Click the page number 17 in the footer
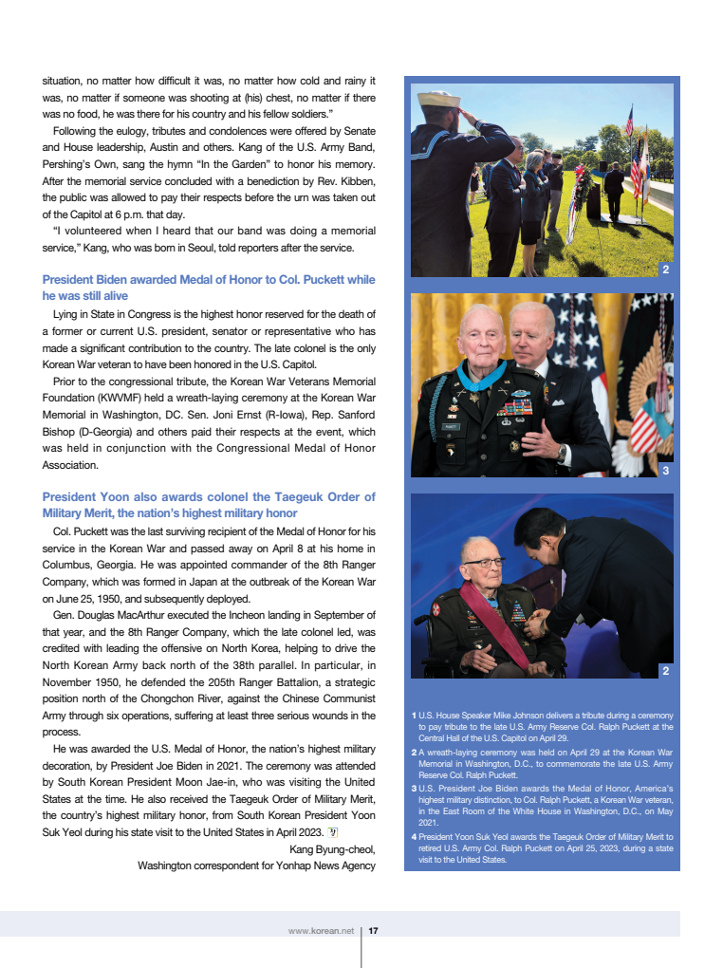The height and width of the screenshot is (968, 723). [374, 931]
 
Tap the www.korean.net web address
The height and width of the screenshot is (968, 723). [321, 931]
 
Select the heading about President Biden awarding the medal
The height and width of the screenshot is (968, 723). [209, 288]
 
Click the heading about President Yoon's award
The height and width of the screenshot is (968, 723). [209, 505]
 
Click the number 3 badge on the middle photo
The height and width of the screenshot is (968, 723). [666, 470]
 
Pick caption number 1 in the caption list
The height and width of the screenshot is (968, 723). [415, 715]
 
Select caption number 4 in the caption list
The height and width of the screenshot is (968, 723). [415, 837]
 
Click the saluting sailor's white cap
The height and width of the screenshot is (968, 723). [437, 100]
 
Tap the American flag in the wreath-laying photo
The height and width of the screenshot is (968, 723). [628, 122]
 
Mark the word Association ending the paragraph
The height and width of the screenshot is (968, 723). [69, 465]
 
